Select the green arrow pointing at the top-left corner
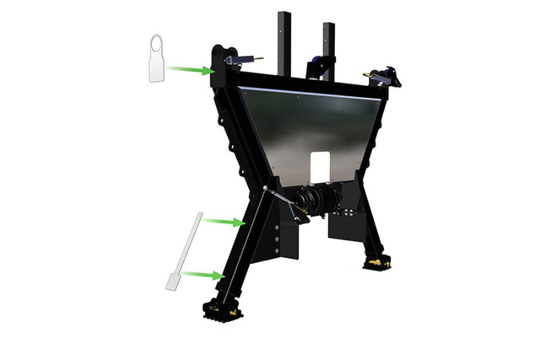191,70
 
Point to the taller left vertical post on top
284,42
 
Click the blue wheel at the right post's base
313,67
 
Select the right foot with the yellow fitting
377,262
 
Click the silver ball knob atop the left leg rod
265,189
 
